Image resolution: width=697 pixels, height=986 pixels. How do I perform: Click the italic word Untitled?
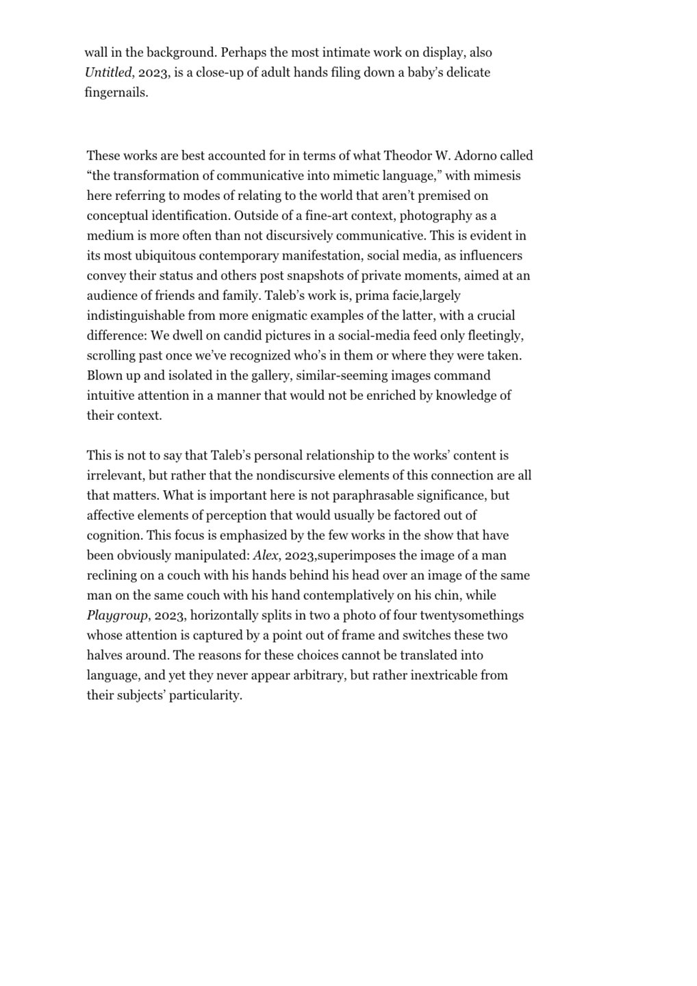click(107, 72)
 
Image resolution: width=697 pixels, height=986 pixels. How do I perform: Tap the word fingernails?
click(116, 92)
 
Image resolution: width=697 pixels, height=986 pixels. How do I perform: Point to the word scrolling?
click(113, 355)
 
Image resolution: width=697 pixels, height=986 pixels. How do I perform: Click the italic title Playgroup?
click(117, 615)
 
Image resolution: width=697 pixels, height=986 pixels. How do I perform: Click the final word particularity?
click(207, 695)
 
